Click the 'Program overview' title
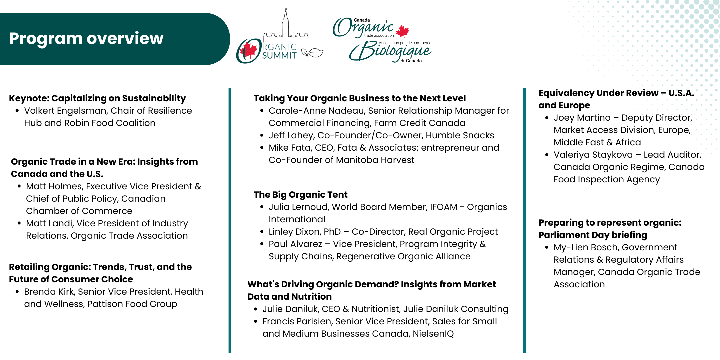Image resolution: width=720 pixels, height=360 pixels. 86,38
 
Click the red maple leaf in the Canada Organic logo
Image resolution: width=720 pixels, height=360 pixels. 402,31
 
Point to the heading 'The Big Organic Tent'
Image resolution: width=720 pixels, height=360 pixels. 300,195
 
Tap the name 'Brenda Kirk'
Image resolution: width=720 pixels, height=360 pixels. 49,292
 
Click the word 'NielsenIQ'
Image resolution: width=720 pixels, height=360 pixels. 433,334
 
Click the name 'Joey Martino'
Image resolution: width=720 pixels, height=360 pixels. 582,118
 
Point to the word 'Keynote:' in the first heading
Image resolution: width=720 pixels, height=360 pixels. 29,98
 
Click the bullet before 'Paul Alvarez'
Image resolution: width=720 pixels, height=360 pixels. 262,244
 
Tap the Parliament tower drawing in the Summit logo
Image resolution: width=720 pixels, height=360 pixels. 285,23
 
